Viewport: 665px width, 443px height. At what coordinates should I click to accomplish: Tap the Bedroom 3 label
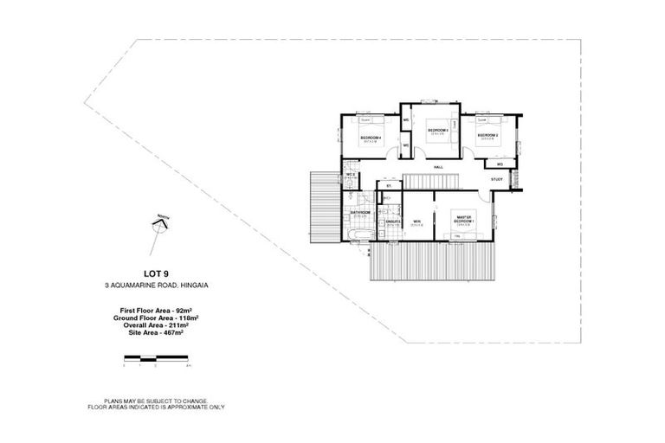(x=436, y=130)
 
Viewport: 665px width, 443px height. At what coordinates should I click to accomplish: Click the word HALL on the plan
(x=438, y=165)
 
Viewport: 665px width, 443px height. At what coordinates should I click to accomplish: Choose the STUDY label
(x=496, y=179)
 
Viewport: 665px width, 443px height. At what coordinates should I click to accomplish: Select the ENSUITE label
(x=392, y=221)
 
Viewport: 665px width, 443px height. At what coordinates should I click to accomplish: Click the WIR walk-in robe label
(x=416, y=221)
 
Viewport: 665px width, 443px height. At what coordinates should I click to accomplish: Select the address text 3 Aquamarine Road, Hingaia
(x=156, y=287)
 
